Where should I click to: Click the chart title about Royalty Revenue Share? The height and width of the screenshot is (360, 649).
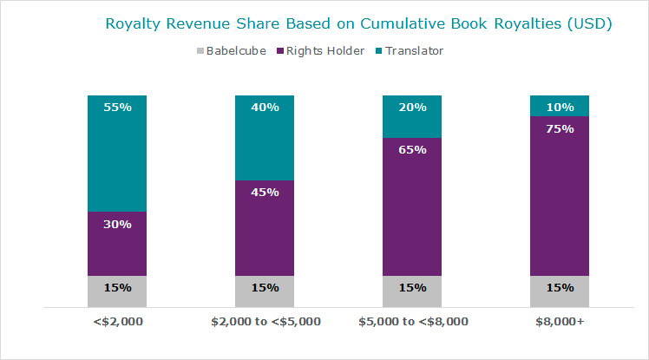[x=358, y=23]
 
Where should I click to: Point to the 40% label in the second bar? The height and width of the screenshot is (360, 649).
[x=265, y=108]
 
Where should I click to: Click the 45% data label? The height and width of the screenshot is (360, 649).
[x=265, y=192]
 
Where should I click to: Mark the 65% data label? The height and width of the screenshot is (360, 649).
[x=412, y=149]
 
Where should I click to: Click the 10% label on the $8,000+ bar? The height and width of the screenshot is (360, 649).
[x=560, y=108]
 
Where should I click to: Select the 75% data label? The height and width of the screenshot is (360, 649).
[x=560, y=128]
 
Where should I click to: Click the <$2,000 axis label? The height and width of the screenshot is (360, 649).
[x=117, y=322]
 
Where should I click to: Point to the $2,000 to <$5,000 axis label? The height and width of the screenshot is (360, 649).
[x=265, y=322]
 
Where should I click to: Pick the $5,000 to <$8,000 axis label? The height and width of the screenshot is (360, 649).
[x=413, y=322]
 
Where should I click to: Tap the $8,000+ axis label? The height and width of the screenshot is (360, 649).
[x=560, y=322]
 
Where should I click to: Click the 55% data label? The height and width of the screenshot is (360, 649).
[x=117, y=108]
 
